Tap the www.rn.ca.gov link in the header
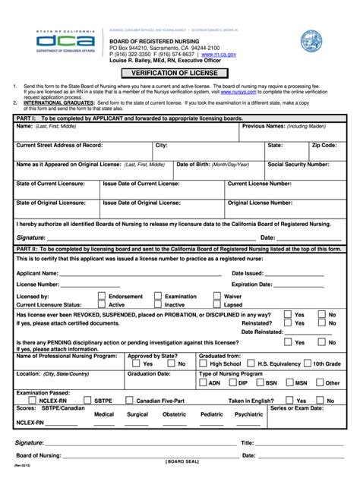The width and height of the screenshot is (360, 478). (219, 55)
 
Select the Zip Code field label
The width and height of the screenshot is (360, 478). (324, 144)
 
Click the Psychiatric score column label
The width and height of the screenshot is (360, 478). (249, 415)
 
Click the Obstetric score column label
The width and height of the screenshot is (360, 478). (174, 415)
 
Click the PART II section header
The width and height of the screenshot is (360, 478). (180, 248)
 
